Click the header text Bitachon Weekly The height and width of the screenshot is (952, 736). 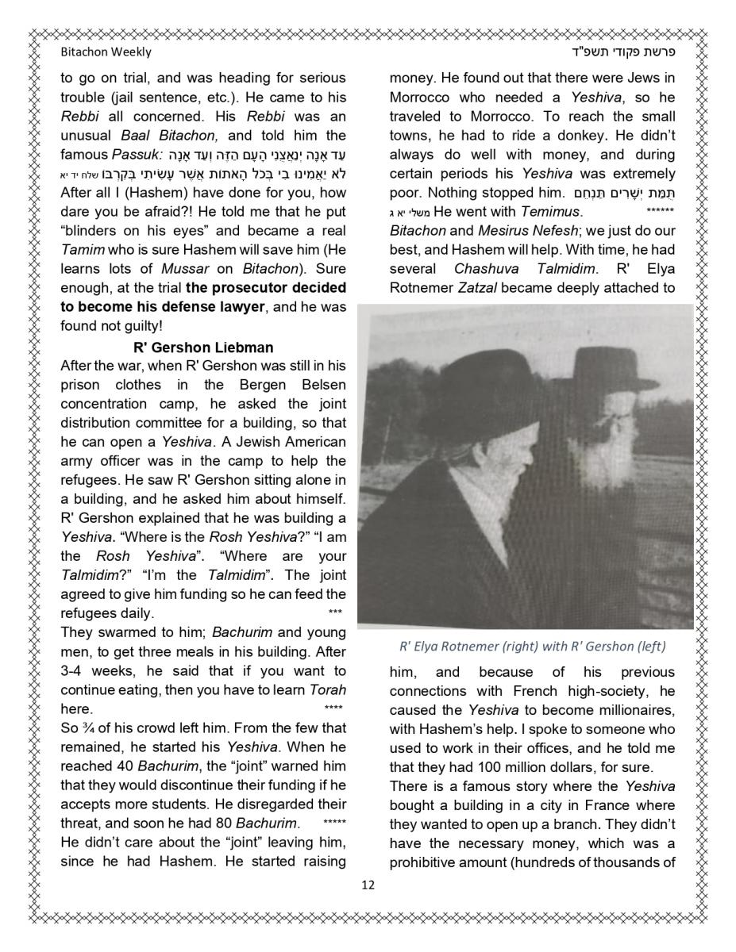pos(106,52)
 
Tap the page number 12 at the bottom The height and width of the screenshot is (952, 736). pos(368,885)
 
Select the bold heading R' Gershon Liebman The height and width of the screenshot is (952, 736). pos(203,347)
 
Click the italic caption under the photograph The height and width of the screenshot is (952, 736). pos(531,646)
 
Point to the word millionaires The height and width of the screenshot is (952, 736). pos(629,709)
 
